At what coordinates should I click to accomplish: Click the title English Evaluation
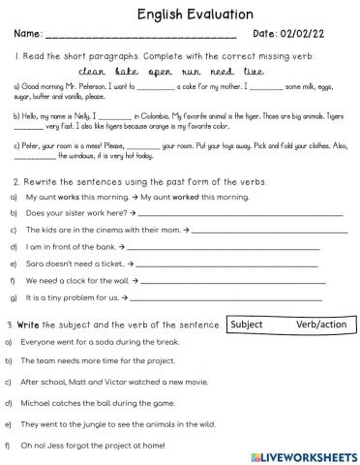click(x=181, y=15)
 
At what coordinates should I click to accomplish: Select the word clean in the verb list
click(x=91, y=71)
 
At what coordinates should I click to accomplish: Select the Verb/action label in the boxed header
click(x=319, y=325)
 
